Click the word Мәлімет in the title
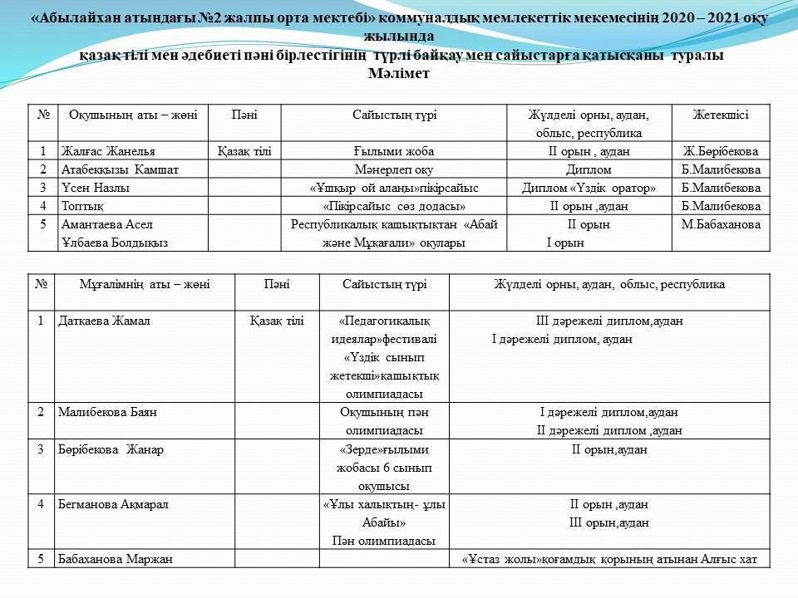click(x=398, y=72)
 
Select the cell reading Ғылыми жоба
click(x=394, y=152)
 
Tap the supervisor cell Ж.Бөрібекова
click(x=720, y=152)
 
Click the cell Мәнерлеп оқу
click(x=394, y=169)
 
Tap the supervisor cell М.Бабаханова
click(x=720, y=224)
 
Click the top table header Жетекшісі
click(x=720, y=115)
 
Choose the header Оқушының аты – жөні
click(x=133, y=115)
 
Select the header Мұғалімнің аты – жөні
click(x=145, y=285)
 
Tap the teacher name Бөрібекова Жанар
click(x=111, y=450)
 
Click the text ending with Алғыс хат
click(x=609, y=560)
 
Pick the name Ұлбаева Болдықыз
click(x=115, y=243)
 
